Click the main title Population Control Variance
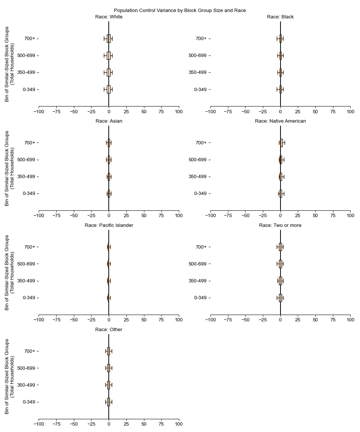click(x=180, y=10)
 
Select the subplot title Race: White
click(x=109, y=17)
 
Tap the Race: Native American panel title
click(x=280, y=121)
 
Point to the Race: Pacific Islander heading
click(x=109, y=225)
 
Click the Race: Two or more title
click(x=280, y=225)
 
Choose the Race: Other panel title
click(x=109, y=330)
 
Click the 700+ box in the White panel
click(x=109, y=39)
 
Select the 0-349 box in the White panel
click(x=109, y=89)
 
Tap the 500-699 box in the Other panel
click(x=108, y=368)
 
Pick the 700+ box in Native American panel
click(x=281, y=142)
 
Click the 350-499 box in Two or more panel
click(x=280, y=281)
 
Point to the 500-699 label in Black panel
click(x=198, y=55)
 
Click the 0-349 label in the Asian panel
click(x=31, y=193)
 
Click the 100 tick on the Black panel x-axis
click(x=350, y=111)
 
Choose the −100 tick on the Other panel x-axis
click(x=39, y=424)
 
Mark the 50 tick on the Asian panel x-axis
click(x=144, y=216)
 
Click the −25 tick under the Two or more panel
click(x=263, y=320)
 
